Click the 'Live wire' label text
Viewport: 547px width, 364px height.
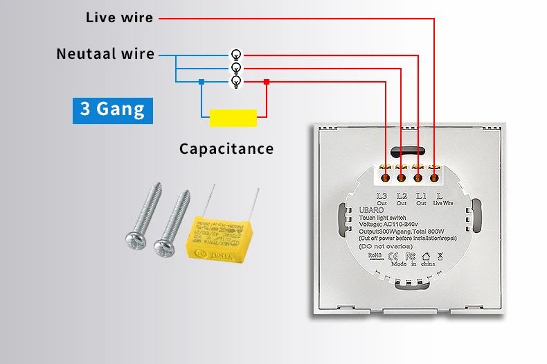point(119,17)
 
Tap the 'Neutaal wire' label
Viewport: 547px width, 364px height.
point(105,54)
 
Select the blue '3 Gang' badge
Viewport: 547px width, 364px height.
point(112,110)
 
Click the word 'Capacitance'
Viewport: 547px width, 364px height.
point(226,148)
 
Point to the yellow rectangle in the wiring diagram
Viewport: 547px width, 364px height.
point(233,118)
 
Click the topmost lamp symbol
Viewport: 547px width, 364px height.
point(236,54)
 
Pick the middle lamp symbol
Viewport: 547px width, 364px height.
point(236,68)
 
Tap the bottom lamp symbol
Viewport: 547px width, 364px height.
point(236,82)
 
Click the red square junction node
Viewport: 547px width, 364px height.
point(267,82)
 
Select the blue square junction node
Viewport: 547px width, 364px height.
point(201,82)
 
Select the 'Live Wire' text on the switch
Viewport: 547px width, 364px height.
point(442,203)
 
